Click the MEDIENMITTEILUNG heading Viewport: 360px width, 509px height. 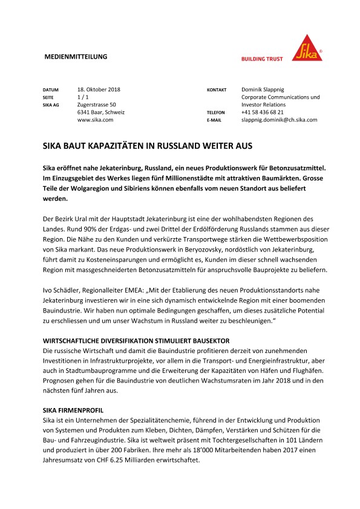pos(76,57)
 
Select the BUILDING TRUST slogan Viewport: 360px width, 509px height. pos(263,59)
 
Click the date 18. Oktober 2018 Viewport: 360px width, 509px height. pos(99,89)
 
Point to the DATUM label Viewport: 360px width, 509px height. pos(51,90)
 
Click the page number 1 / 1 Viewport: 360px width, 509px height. pos(84,97)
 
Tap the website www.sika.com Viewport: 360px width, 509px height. pos(96,120)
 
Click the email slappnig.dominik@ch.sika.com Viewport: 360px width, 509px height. pos(279,120)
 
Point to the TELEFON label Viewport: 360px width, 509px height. pos(217,113)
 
